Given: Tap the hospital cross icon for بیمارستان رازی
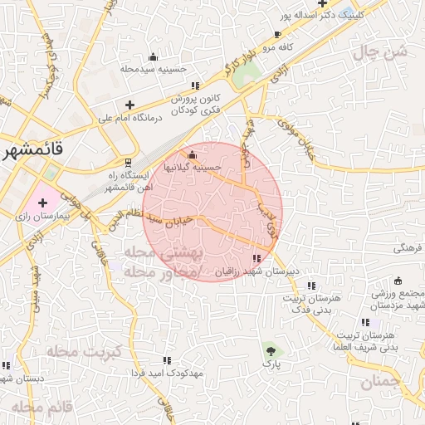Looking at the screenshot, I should [42, 202].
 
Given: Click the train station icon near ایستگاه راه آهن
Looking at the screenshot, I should [128, 162].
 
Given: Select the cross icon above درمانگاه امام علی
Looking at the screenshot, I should [129, 105].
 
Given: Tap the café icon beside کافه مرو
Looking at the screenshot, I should [277, 35].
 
